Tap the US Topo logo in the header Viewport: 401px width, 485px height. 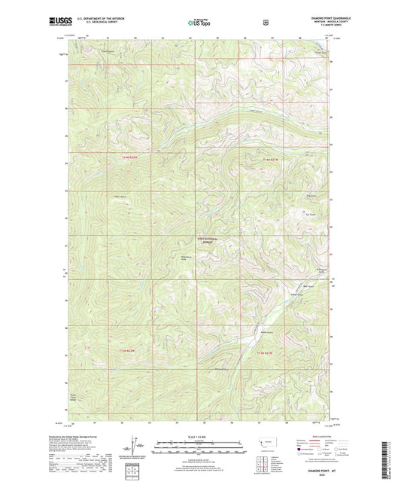199,23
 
